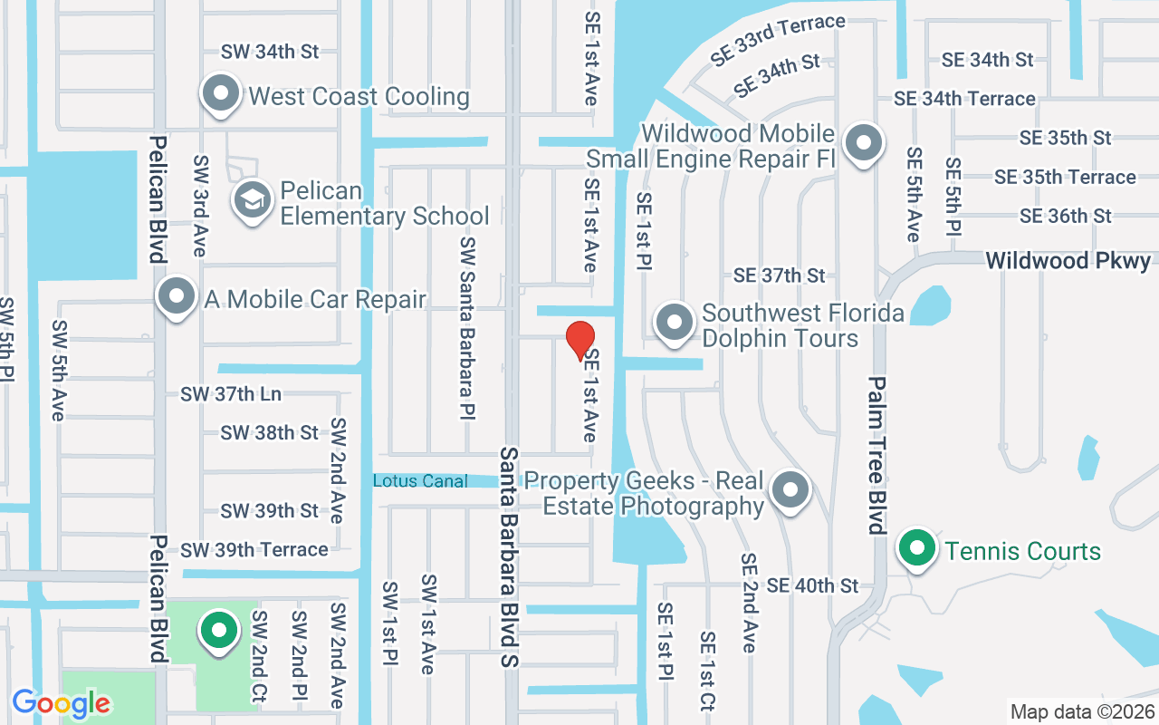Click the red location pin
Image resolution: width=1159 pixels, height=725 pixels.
pyautogui.click(x=580, y=341)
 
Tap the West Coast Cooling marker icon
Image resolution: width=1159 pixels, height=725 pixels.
pyautogui.click(x=220, y=93)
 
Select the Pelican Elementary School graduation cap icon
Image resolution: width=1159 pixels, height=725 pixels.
pyautogui.click(x=253, y=201)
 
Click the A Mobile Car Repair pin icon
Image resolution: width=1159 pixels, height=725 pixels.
pyautogui.click(x=177, y=296)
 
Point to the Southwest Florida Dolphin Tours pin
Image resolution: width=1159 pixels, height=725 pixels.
pyautogui.click(x=674, y=323)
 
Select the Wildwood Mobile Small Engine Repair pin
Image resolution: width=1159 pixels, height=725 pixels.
pyautogui.click(x=864, y=143)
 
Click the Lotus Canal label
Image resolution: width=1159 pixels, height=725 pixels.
pyautogui.click(x=420, y=481)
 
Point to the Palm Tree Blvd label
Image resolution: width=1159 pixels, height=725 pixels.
pyautogui.click(x=876, y=455)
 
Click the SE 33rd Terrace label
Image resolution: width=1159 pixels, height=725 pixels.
pyautogui.click(x=778, y=40)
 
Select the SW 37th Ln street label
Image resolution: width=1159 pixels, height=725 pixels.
pyautogui.click(x=231, y=394)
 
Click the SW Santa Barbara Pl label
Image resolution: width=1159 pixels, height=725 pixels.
pyautogui.click(x=467, y=328)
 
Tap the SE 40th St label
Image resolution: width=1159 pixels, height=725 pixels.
pyautogui.click(x=812, y=586)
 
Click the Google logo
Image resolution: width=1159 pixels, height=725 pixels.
pyautogui.click(x=62, y=702)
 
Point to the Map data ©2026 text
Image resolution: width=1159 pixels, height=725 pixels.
pyautogui.click(x=1081, y=712)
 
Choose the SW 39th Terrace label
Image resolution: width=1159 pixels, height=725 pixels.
pyautogui.click(x=254, y=550)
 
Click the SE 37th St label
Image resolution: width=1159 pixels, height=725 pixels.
pyautogui.click(x=780, y=275)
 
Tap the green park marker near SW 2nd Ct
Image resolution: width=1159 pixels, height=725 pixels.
pyautogui.click(x=218, y=631)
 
